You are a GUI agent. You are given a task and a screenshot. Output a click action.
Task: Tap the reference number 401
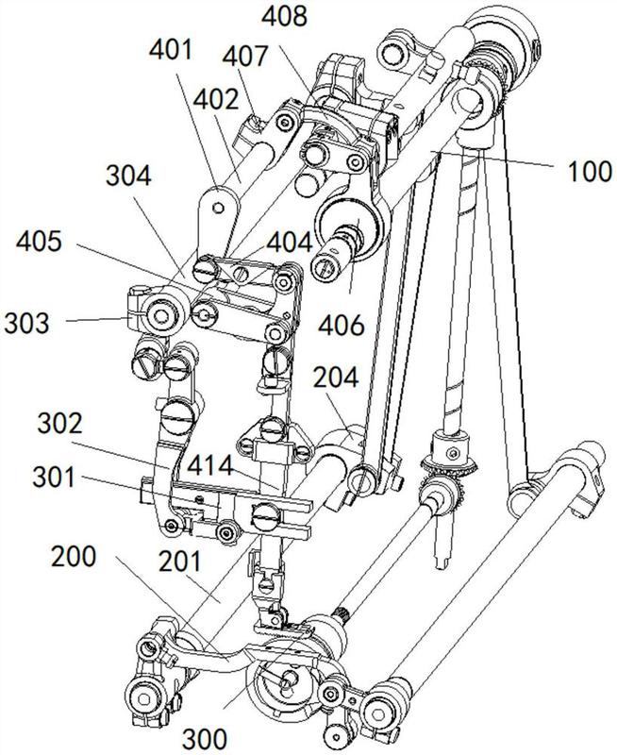[x=170, y=51]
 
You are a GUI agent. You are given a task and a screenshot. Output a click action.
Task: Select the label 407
[x=244, y=56]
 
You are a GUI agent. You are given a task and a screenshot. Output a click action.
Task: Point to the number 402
[x=216, y=101]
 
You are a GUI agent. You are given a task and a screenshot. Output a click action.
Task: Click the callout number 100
[x=589, y=172]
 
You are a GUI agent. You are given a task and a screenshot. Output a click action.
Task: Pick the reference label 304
[x=128, y=176]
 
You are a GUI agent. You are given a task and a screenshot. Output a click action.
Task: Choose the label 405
[x=39, y=242]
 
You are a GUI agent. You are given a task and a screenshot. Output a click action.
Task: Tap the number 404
[x=290, y=242]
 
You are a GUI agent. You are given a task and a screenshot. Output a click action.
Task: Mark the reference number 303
[x=27, y=323]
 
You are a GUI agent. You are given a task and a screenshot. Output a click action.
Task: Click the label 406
[x=342, y=326]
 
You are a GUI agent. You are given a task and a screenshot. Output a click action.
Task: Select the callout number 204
[x=336, y=377]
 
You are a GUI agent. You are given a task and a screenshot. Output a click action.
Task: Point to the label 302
[x=60, y=424]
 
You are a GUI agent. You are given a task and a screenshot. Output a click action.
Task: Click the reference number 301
[x=54, y=478]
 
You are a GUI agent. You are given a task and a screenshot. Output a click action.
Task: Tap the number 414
[x=210, y=465]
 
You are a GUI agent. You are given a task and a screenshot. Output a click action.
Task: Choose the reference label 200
[x=74, y=557]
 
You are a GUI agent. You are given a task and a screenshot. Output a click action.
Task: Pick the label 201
[x=180, y=562]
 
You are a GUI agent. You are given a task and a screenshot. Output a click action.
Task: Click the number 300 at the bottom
[x=204, y=738]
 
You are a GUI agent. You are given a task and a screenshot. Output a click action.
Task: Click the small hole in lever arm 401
[x=219, y=208]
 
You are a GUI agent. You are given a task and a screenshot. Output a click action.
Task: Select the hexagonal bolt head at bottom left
[x=144, y=697]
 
